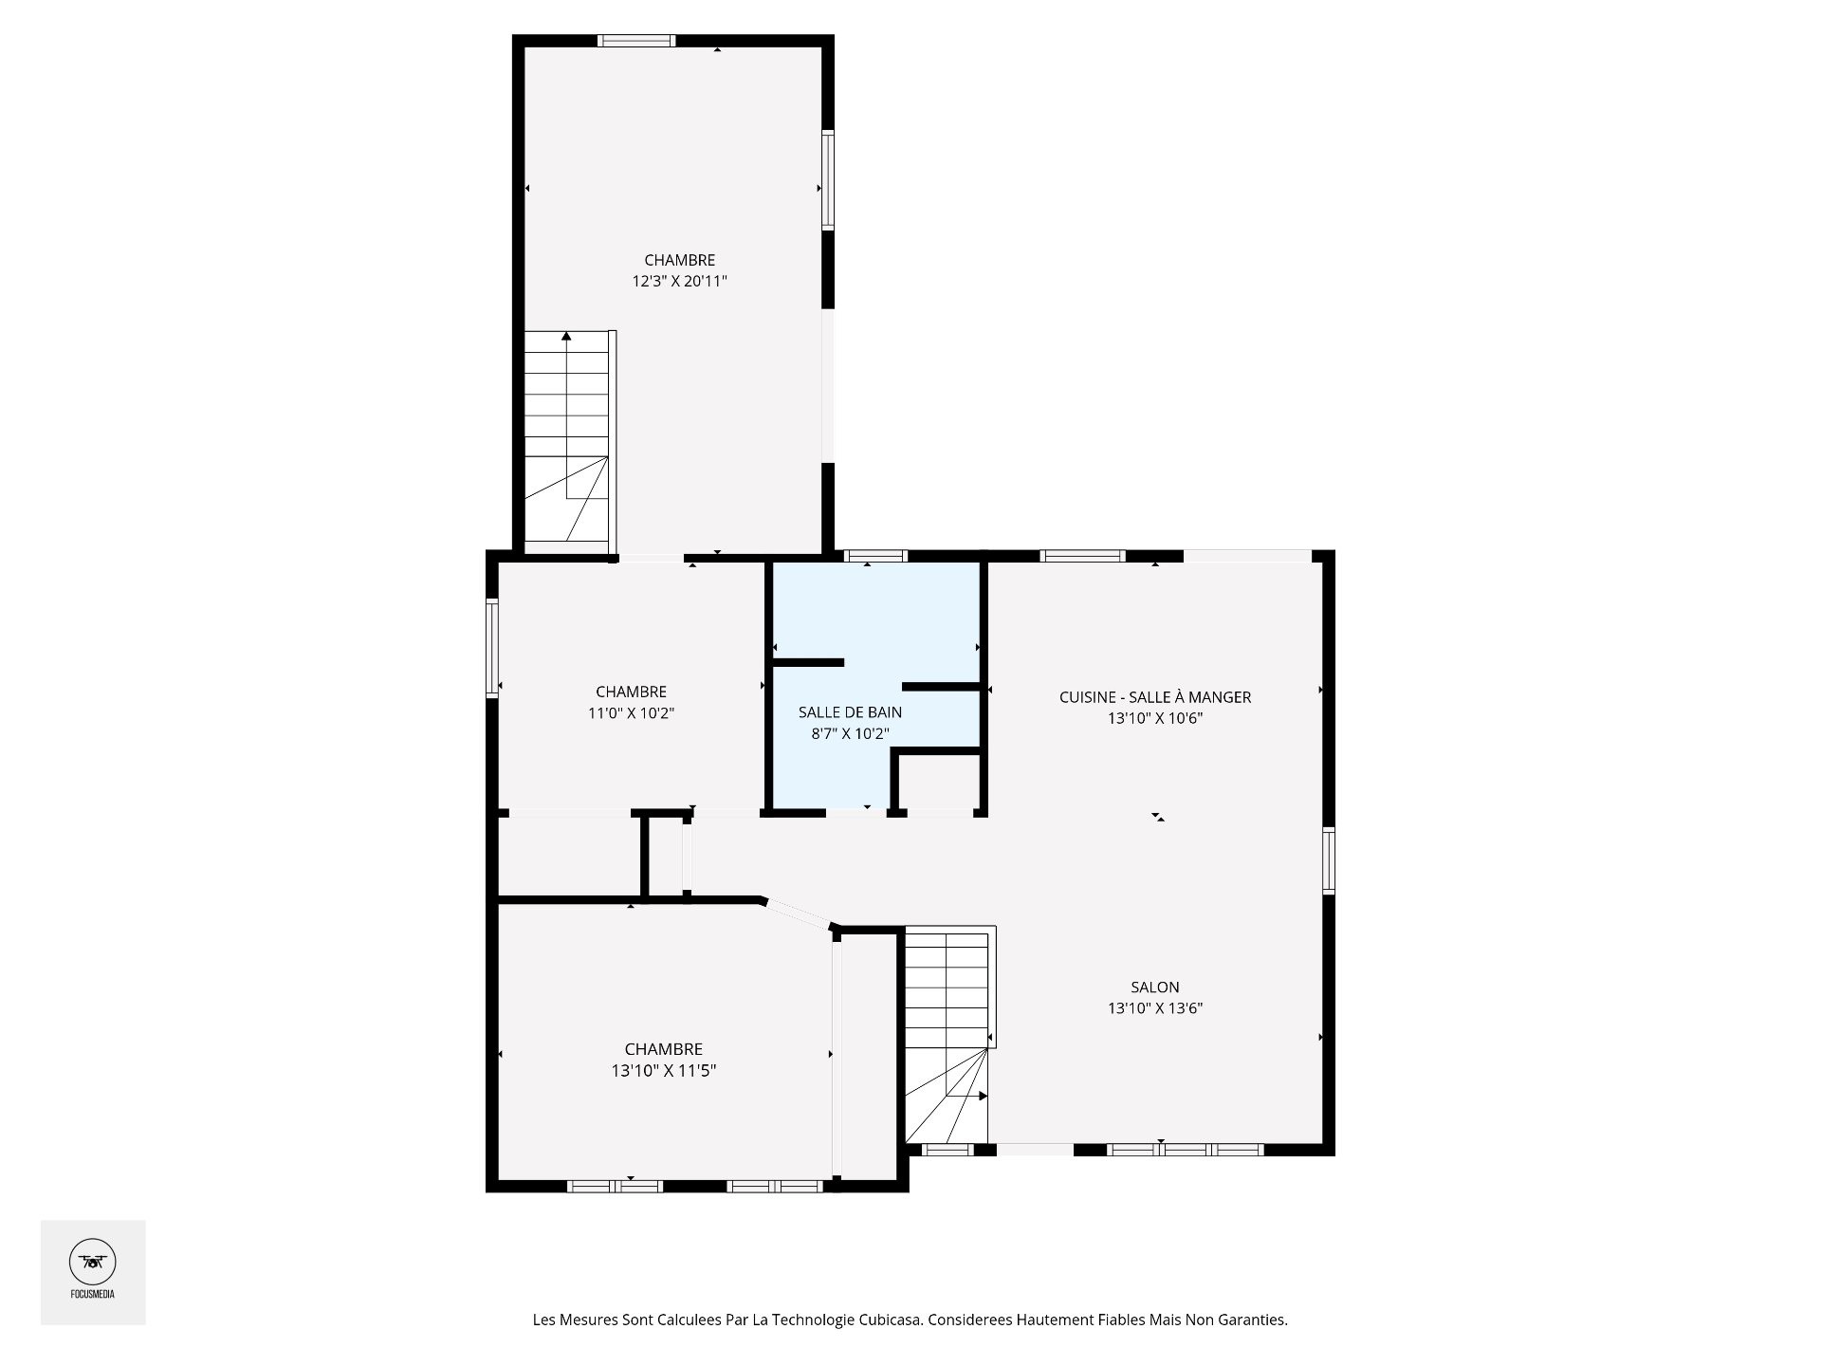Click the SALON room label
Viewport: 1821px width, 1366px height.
[x=1154, y=987]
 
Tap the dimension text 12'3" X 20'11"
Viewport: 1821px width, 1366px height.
[x=679, y=281]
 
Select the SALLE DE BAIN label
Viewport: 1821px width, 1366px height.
[x=850, y=711]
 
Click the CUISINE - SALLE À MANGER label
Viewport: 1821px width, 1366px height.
[x=1154, y=697]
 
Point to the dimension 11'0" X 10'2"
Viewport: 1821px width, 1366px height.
[x=631, y=712]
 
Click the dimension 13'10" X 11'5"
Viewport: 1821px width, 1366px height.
[x=663, y=1070]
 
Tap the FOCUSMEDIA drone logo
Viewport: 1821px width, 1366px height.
[x=92, y=1262]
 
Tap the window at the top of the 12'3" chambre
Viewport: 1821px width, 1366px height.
[x=636, y=41]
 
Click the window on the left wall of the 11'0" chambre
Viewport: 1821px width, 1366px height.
[x=492, y=648]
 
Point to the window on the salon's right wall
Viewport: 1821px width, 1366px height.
[x=1329, y=860]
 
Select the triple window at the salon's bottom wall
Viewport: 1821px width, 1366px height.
[x=1186, y=1150]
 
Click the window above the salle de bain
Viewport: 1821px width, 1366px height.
[x=875, y=556]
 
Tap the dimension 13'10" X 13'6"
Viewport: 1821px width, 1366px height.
[x=1154, y=1008]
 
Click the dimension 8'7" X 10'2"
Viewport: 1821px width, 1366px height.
[x=850, y=733]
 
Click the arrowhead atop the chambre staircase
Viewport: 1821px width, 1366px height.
[x=566, y=336]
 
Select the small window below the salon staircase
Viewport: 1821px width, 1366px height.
[x=947, y=1150]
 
